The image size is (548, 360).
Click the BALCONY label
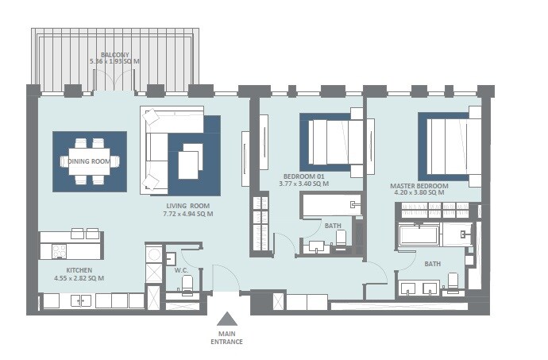click(115, 54)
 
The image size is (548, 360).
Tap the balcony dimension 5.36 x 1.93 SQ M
click(115, 61)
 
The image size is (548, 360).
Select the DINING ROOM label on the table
click(88, 161)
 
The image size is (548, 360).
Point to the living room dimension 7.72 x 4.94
click(187, 214)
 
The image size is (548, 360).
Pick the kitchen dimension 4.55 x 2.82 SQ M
click(68, 277)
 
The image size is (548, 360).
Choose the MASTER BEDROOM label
click(419, 186)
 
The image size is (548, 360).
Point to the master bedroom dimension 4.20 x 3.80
click(419, 193)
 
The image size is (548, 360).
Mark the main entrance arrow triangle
click(226, 319)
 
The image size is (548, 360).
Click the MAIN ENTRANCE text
click(226, 338)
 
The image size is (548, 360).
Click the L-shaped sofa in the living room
click(159, 147)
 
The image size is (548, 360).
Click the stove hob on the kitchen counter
click(59, 251)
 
